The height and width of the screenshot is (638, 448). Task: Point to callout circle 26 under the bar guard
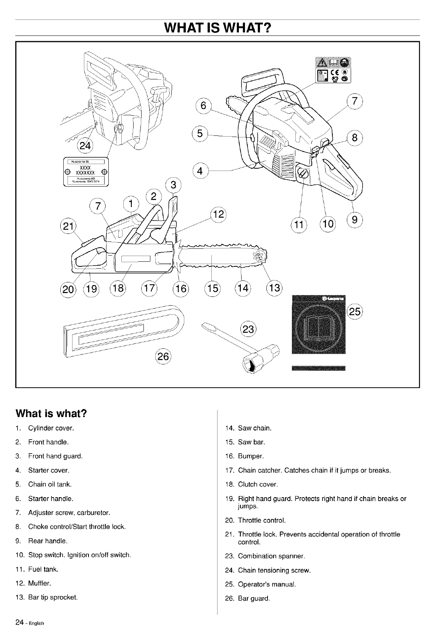[163, 356]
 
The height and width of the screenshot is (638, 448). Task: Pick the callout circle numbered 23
[248, 329]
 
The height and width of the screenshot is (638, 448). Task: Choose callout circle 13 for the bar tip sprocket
[274, 288]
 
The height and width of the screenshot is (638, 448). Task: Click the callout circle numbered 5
[200, 134]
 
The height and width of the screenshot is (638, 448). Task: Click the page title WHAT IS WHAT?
[217, 28]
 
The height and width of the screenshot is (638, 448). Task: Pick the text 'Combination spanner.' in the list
[271, 556]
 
